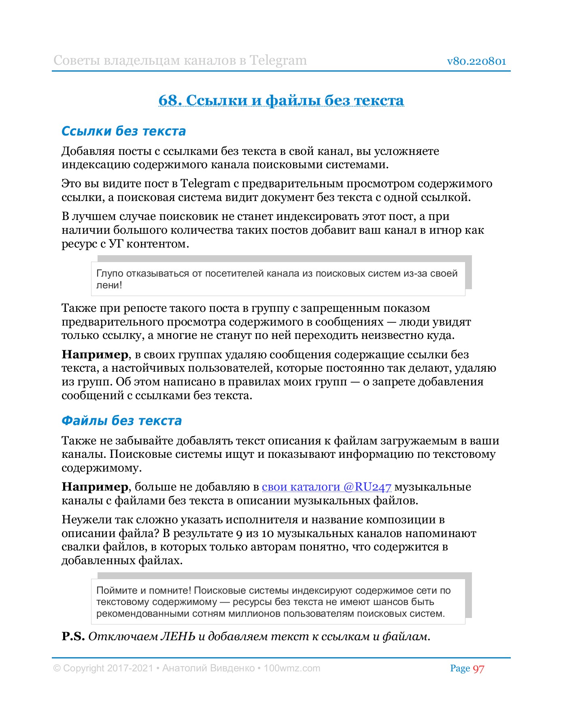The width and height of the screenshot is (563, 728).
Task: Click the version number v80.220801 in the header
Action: pyautogui.click(x=476, y=61)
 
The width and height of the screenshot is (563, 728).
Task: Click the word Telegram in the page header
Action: pyautogui.click(x=278, y=60)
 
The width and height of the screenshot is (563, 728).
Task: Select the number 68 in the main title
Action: pyautogui.click(x=168, y=100)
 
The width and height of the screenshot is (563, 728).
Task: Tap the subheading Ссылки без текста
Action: pyautogui.click(x=123, y=131)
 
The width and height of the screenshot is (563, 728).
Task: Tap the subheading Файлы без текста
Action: pyautogui.click(x=121, y=421)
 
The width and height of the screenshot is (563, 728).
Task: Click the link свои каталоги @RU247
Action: pyautogui.click(x=326, y=487)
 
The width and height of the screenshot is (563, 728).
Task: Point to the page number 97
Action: pyautogui.click(x=478, y=669)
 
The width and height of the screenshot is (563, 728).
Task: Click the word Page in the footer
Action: pyautogui.click(x=460, y=669)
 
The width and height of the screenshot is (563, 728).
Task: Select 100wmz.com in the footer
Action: pyautogui.click(x=292, y=668)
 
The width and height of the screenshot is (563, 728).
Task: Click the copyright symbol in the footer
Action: pyautogui.click(x=57, y=669)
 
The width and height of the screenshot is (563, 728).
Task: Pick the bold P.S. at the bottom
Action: pyautogui.click(x=73, y=636)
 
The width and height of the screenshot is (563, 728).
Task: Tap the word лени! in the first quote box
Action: pyautogui.click(x=109, y=285)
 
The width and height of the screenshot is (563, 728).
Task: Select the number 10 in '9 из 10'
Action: pyautogui.click(x=268, y=533)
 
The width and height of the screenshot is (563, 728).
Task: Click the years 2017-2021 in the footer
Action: pyautogui.click(x=130, y=668)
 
